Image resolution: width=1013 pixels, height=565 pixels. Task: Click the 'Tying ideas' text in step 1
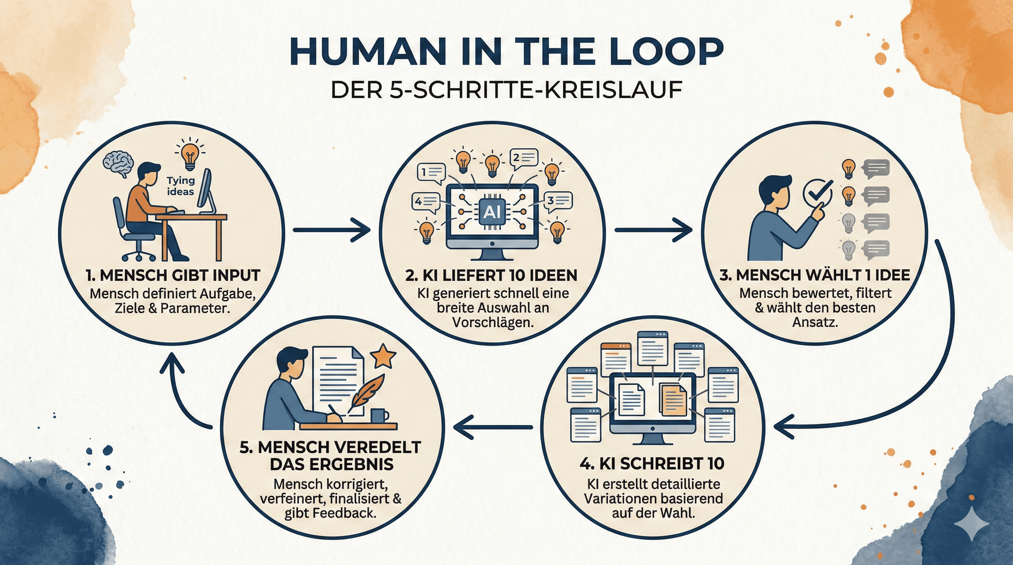tap(180, 186)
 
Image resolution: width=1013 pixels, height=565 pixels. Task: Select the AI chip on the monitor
tap(491, 212)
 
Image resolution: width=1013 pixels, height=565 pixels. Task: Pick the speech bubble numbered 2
tap(523, 158)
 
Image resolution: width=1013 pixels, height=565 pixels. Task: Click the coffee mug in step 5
tap(379, 416)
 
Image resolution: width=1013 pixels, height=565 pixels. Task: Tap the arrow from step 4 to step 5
tap(493, 427)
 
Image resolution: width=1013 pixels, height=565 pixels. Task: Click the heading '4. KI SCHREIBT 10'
tap(652, 464)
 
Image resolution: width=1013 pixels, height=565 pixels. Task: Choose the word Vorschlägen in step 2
tap(493, 323)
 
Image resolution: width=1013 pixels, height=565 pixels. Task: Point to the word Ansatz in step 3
tap(815, 322)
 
